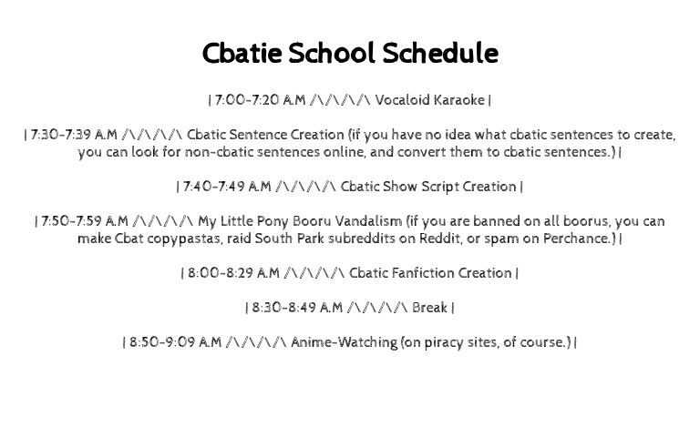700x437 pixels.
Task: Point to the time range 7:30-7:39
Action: coord(61,135)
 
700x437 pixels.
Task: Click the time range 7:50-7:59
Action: coord(71,221)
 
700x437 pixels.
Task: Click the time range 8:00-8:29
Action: coord(219,273)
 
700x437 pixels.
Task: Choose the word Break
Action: coord(429,308)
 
